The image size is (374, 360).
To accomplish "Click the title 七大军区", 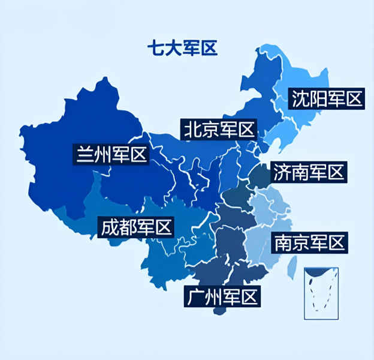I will pyautogui.click(x=182, y=47).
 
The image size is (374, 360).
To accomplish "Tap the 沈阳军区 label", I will pyautogui.click(x=327, y=99).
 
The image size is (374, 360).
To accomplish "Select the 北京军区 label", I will pyautogui.click(x=219, y=129).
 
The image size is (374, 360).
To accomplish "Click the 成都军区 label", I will pyautogui.click(x=137, y=227).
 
